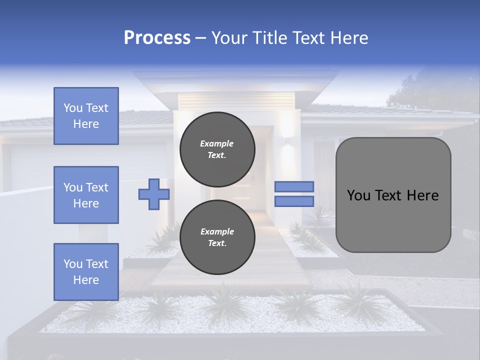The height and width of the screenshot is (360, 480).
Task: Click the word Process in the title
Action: [157, 38]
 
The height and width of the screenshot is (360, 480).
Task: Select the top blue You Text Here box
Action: [86, 116]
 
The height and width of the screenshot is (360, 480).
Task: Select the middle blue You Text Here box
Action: [86, 195]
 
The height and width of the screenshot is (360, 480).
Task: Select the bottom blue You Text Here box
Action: [86, 271]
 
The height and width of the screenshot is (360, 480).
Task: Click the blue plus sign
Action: [153, 194]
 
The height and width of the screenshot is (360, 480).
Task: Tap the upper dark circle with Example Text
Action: [217, 149]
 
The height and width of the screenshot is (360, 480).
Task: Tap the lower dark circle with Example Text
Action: [217, 237]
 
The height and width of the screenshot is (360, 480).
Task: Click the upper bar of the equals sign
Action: [294, 186]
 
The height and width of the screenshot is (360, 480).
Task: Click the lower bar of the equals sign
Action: [294, 201]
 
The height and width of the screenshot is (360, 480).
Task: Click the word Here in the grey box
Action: [422, 195]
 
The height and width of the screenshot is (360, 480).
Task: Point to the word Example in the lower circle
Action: [217, 231]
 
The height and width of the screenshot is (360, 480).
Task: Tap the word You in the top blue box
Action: [72, 108]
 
